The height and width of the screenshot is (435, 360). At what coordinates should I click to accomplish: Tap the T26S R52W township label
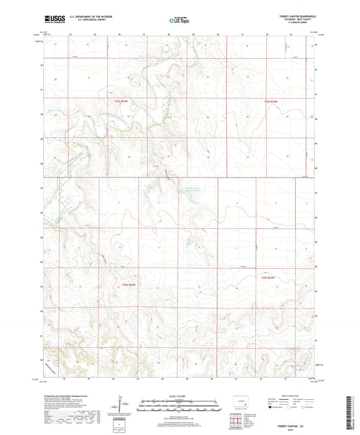pos(268,278)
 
